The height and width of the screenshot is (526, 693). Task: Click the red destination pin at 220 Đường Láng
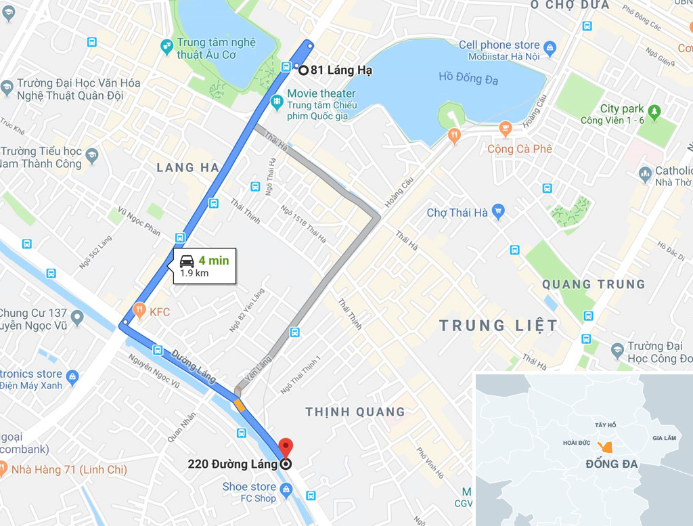286,447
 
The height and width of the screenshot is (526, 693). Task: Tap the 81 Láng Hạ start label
341,69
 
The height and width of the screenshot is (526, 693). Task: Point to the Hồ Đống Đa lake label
468,79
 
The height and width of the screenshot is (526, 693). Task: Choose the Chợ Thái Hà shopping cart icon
499,212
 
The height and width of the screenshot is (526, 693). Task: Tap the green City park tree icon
654,110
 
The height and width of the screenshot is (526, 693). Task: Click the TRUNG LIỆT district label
499,326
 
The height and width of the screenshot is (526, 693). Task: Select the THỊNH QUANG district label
355,412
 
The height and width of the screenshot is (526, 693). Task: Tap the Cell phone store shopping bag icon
550,47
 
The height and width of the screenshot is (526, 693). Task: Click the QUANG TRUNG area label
593,284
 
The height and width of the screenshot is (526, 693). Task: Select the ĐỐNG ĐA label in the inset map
611,464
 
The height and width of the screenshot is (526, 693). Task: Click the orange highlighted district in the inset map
606,447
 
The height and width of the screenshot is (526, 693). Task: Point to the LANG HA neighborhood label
187,167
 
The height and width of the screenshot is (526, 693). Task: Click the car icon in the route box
187,261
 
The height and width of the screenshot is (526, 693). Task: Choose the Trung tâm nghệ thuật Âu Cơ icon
166,47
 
